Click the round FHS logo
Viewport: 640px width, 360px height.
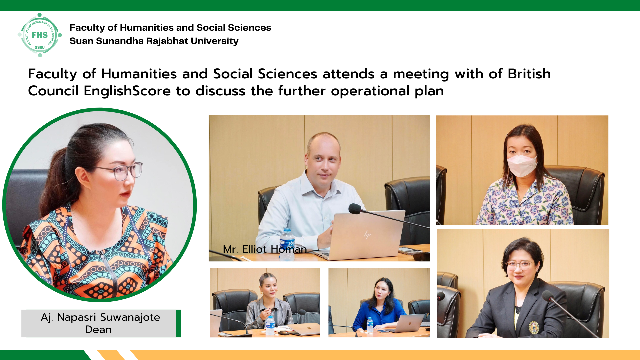pos(40,35)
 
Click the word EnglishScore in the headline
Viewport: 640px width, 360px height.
pos(127,91)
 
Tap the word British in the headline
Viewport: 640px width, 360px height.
pos(529,74)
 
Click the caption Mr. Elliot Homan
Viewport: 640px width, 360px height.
pos(265,249)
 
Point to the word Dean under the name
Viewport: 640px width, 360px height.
pos(98,329)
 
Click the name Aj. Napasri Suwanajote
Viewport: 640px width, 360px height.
pos(100,317)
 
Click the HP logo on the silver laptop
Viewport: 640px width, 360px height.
pos(367,235)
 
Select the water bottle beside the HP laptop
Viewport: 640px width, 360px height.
pos(287,244)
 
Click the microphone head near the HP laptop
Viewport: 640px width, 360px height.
pos(355,209)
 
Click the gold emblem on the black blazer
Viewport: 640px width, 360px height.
pos(534,327)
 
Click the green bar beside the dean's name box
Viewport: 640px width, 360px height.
pos(178,323)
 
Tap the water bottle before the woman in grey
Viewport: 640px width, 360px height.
pos(270,325)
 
